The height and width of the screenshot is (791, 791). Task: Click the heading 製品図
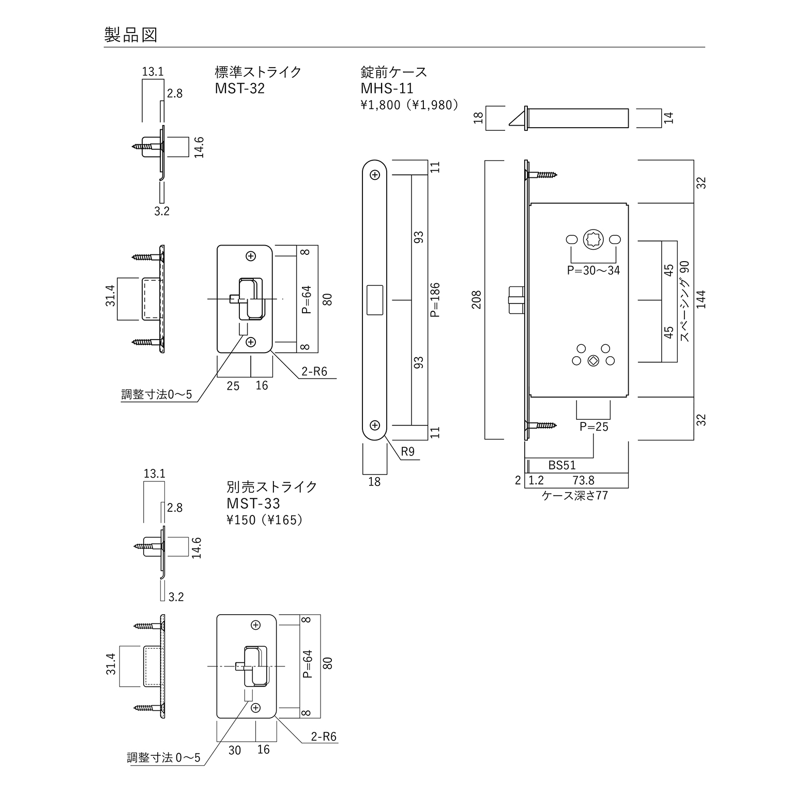pyautogui.click(x=131, y=35)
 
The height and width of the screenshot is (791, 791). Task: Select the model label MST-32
pyautogui.click(x=239, y=88)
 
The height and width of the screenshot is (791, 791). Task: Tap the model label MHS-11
pyautogui.click(x=387, y=88)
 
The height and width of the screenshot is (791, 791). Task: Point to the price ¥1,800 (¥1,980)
pyautogui.click(x=409, y=105)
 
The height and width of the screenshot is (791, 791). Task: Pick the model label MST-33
pyautogui.click(x=253, y=503)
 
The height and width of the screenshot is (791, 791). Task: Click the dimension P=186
pyautogui.click(x=435, y=300)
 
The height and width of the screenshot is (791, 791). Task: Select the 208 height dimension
pyautogui.click(x=476, y=300)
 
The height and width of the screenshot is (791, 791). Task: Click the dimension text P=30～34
pyautogui.click(x=593, y=270)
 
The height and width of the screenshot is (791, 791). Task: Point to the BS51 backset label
pyautogui.click(x=562, y=465)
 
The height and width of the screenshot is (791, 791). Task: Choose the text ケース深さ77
pyautogui.click(x=574, y=495)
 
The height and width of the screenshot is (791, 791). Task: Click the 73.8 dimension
pyautogui.click(x=583, y=480)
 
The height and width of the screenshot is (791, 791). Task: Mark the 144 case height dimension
pyautogui.click(x=701, y=300)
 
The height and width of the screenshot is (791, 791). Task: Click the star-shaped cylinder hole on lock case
pyautogui.click(x=592, y=240)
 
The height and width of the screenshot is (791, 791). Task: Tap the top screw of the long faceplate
pyautogui.click(x=375, y=175)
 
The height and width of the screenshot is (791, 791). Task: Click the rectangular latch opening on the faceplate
pyautogui.click(x=374, y=300)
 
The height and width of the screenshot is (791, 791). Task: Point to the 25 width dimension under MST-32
pyautogui.click(x=233, y=386)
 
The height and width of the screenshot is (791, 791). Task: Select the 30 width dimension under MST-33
pyautogui.click(x=235, y=750)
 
